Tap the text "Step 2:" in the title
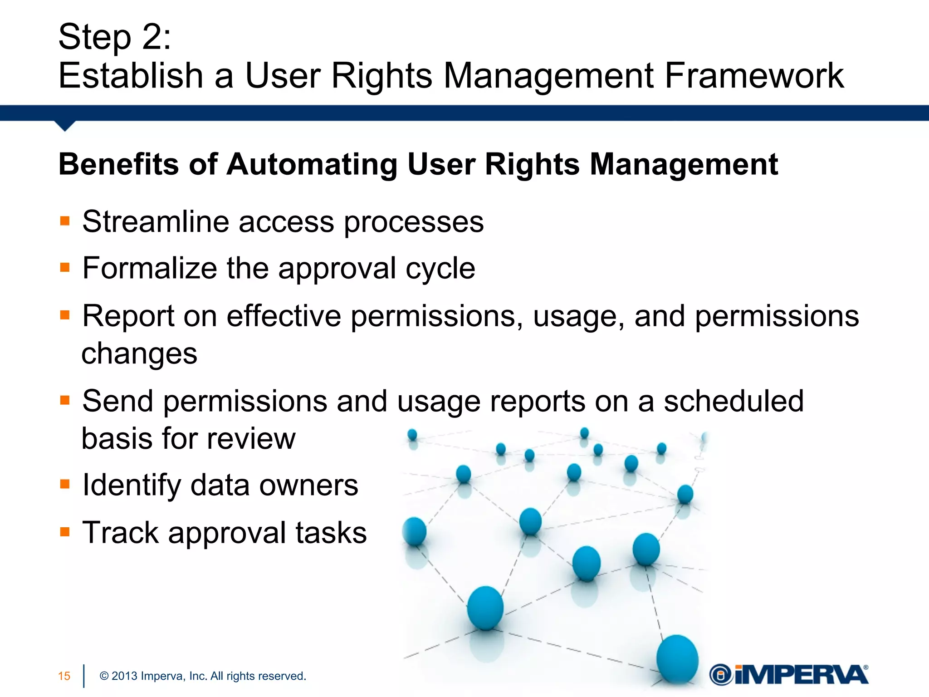(115, 37)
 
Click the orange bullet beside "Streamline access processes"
(65, 221)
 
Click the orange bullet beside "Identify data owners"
(65, 484)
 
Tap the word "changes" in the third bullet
(139, 354)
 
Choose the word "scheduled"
(733, 401)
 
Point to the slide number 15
(64, 676)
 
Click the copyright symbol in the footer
(104, 676)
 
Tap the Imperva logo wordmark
(801, 675)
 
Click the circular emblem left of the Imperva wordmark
(720, 675)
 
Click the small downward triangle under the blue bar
(65, 126)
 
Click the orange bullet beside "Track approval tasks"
(65, 532)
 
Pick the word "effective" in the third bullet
(284, 316)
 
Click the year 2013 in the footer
(124, 676)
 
